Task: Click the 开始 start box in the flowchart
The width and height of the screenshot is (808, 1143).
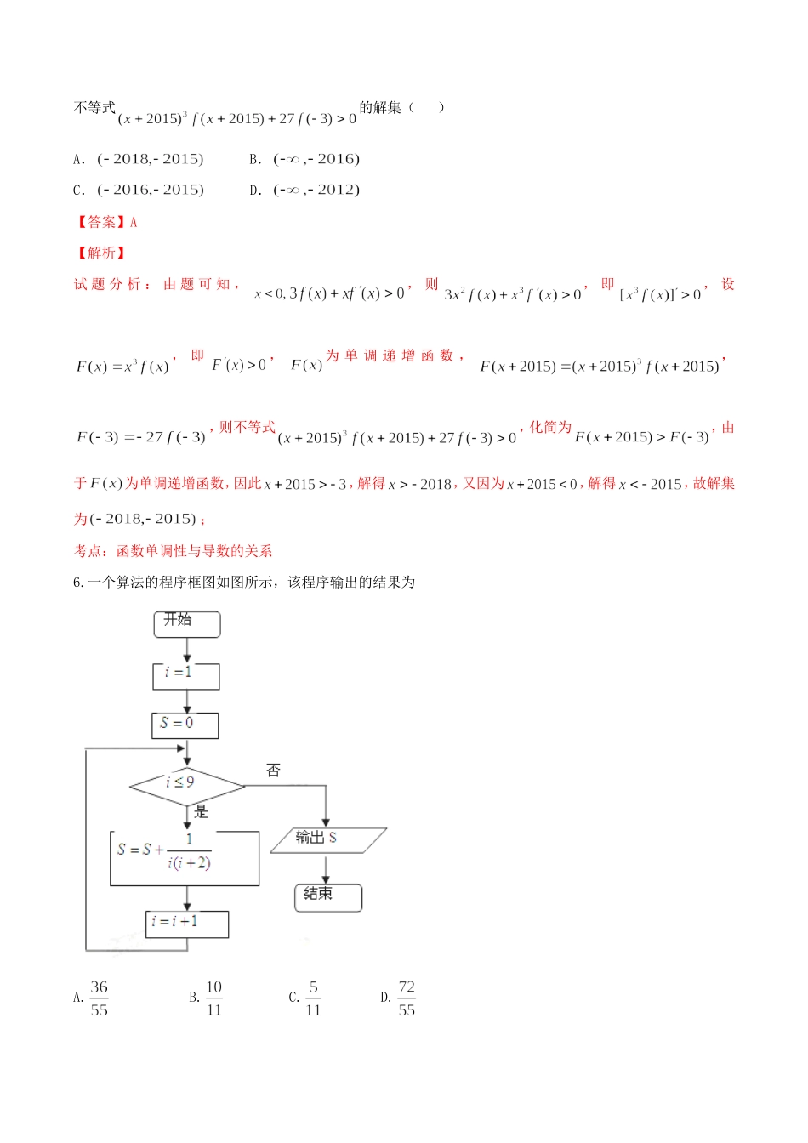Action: (x=186, y=623)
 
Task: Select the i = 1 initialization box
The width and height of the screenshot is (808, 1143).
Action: (x=186, y=675)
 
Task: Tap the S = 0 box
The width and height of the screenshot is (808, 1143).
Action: (x=185, y=725)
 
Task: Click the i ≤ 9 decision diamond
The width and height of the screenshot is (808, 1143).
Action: (x=186, y=785)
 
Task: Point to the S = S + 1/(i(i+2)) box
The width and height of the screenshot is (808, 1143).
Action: (x=185, y=858)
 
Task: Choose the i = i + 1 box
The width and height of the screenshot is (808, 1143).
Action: (x=186, y=924)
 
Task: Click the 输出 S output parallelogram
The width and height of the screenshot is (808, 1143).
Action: (x=327, y=839)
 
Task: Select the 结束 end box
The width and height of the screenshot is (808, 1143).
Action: (x=327, y=897)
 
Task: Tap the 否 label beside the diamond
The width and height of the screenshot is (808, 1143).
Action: (x=273, y=771)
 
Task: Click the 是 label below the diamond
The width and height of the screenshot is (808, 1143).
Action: (x=202, y=811)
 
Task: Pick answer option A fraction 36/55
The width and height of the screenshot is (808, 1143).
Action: (x=99, y=998)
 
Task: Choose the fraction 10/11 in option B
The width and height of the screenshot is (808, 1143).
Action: (x=213, y=998)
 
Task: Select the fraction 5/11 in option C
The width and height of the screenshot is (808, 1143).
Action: (x=313, y=998)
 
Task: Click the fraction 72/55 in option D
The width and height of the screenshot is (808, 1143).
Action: (x=407, y=998)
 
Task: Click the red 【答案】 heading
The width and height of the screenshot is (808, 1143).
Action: (x=100, y=222)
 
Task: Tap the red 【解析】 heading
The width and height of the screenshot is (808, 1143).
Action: (x=100, y=253)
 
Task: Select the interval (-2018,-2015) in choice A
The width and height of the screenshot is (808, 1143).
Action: (x=150, y=159)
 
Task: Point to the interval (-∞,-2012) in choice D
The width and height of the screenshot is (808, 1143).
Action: (x=316, y=190)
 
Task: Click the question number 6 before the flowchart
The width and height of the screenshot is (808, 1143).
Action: (x=78, y=583)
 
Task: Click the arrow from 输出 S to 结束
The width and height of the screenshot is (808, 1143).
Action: (x=326, y=868)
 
